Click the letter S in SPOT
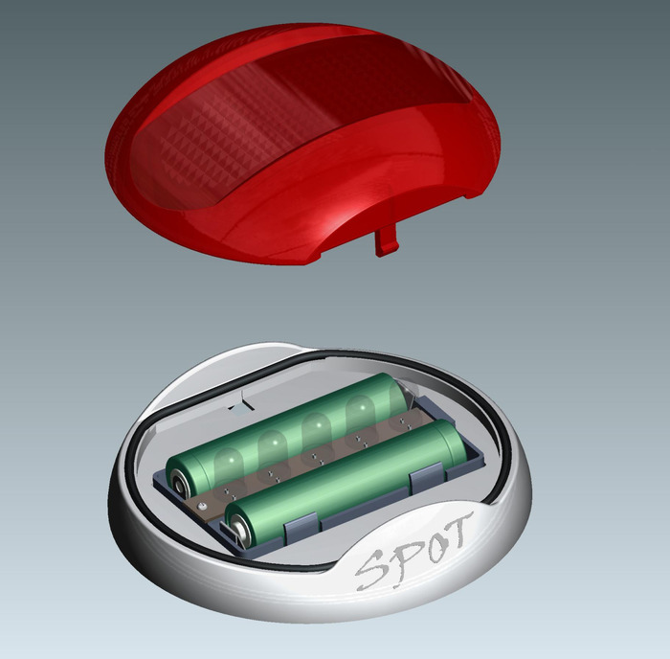point(371,570)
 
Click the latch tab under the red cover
point(387,241)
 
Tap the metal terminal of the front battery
point(237,530)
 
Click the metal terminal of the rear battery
point(178,484)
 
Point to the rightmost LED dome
point(398,396)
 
